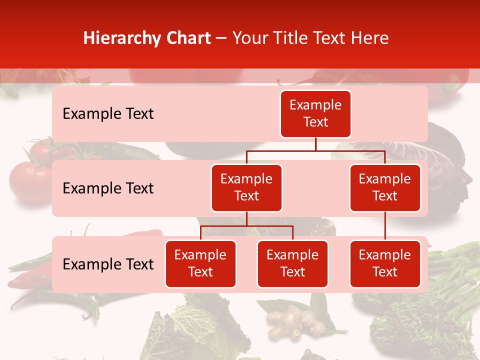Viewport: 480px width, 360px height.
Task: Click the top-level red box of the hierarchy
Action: [315, 113]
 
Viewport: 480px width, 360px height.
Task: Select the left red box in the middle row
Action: [246, 187]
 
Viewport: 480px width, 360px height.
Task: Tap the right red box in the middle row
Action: [385, 187]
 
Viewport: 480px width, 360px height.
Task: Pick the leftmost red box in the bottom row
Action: [200, 263]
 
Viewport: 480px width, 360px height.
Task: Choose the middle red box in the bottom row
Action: [292, 263]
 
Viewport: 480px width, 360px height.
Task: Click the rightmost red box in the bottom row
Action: [385, 263]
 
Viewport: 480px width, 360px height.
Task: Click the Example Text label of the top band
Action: [108, 113]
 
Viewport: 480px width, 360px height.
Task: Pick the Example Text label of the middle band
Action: [108, 188]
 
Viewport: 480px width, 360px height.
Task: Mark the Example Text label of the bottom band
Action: [108, 264]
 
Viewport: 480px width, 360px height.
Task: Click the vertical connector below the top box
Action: [315, 144]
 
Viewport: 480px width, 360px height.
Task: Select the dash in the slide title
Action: [221, 38]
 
